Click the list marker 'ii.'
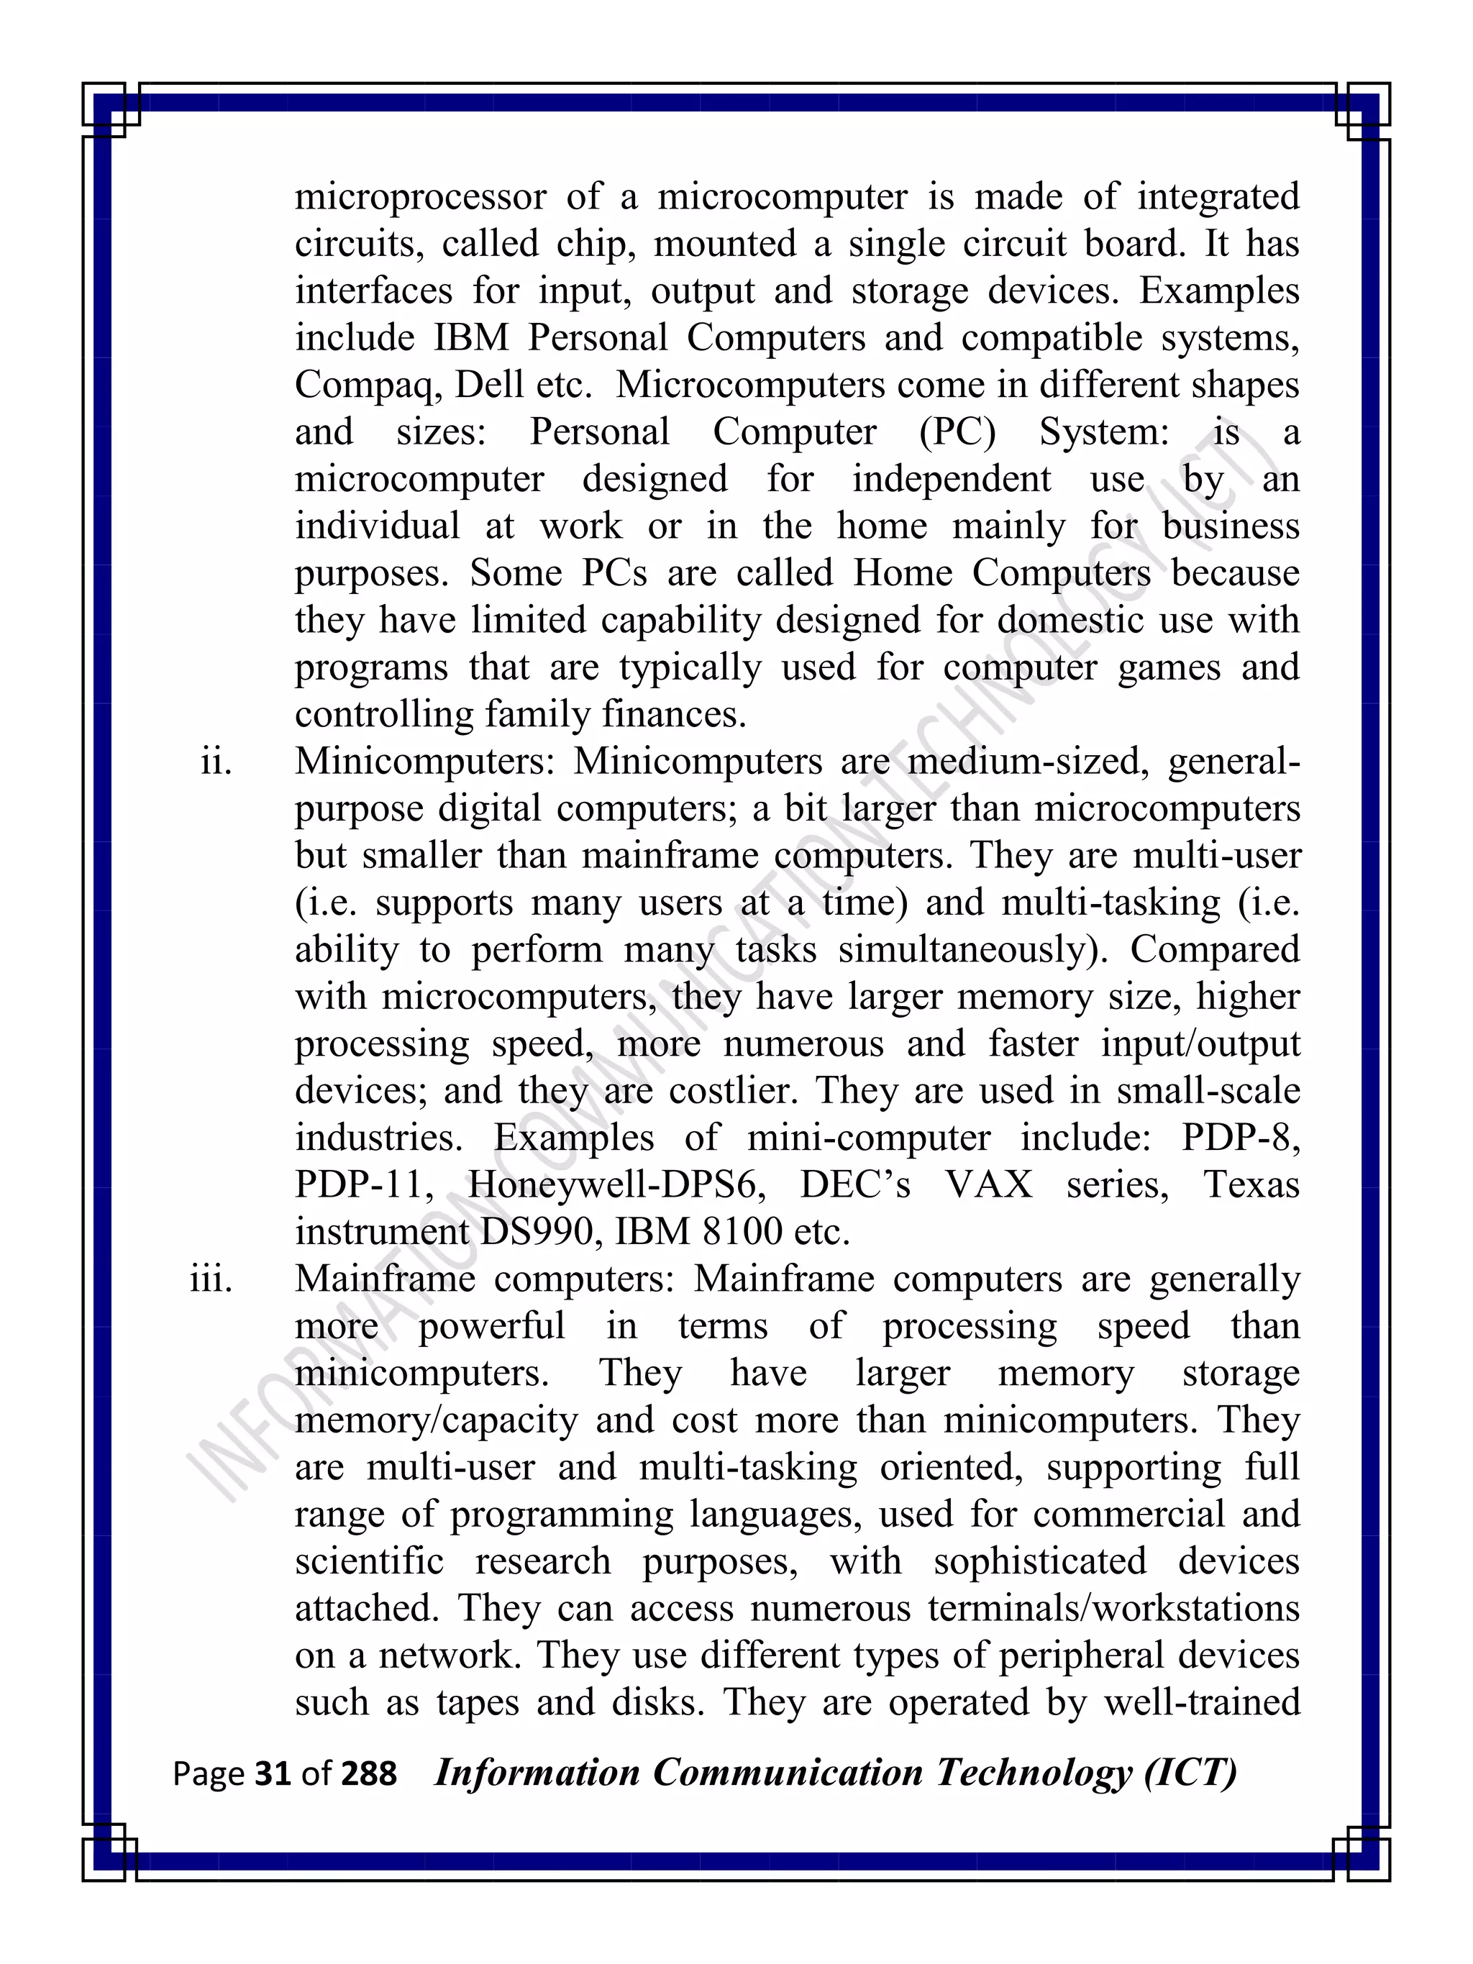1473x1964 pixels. click(216, 762)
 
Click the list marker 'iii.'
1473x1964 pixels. click(211, 1279)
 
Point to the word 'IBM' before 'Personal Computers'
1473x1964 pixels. click(470, 338)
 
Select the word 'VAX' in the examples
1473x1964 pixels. click(988, 1185)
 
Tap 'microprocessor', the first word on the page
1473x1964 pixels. click(420, 198)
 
